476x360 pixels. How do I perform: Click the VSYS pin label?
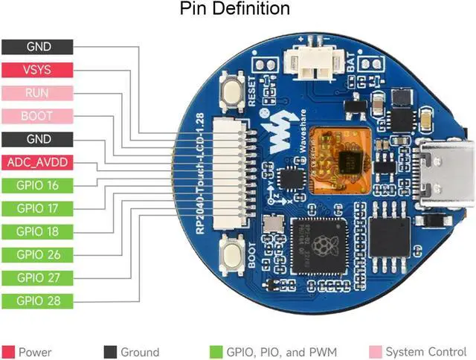[x=37, y=70]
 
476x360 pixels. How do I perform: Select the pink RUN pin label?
[x=37, y=93]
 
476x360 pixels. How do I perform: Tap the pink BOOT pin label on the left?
[x=37, y=116]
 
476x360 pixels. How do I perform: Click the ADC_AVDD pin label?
[x=37, y=162]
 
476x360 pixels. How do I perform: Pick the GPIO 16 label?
[x=37, y=185]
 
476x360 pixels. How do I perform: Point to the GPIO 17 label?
[x=37, y=208]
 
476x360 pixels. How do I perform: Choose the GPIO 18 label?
[x=37, y=231]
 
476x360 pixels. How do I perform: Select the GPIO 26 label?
[x=37, y=254]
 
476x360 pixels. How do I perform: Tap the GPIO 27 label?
[x=37, y=277]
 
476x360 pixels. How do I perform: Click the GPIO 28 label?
[x=37, y=300]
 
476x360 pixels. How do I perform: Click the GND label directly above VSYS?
[x=37, y=47]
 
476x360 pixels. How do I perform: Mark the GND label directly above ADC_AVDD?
[x=37, y=139]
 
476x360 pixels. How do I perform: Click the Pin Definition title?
[x=235, y=10]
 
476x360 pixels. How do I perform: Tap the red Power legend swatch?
[x=8, y=352]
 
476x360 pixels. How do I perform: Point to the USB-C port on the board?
[x=446, y=173]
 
